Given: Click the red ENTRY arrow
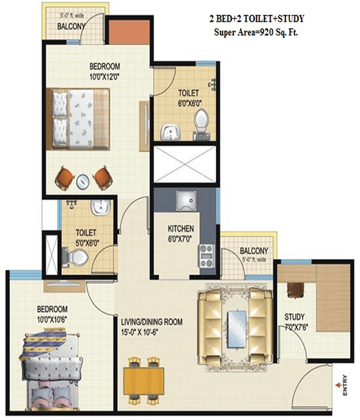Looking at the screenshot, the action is [338, 385].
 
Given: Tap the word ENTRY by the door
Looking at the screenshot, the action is [345, 385].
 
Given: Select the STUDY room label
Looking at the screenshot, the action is [295, 317].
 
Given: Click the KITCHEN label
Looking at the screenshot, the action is [181, 229].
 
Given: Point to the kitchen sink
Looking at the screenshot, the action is [186, 200].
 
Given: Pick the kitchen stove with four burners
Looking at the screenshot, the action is [206, 256].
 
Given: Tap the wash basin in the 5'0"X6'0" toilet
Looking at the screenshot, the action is [100, 208].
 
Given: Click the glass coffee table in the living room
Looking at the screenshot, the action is [237, 329].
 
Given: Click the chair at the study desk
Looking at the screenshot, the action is [295, 290].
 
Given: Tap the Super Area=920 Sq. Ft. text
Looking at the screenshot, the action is [256, 32].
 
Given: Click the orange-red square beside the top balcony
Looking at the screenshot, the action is [129, 32].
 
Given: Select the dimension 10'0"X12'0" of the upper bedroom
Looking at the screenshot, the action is [104, 77].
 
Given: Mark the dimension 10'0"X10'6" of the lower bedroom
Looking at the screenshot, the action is [52, 320].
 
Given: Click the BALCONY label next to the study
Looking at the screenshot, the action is [254, 251].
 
